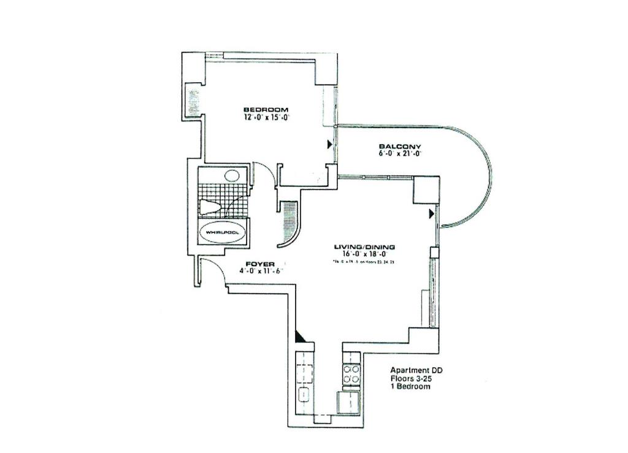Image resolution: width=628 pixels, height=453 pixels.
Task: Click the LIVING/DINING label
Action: pos(360,247)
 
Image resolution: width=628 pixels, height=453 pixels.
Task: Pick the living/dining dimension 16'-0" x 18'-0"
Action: pos(360,254)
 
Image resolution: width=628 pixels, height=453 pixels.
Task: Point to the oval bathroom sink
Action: pos(231,176)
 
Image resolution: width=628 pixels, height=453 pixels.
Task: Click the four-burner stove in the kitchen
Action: pos(351,374)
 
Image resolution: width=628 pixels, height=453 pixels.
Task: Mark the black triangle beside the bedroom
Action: pos(330,145)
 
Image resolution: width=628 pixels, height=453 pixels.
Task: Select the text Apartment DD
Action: pos(416,370)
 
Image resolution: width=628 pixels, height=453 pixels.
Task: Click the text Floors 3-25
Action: pos(412,379)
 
